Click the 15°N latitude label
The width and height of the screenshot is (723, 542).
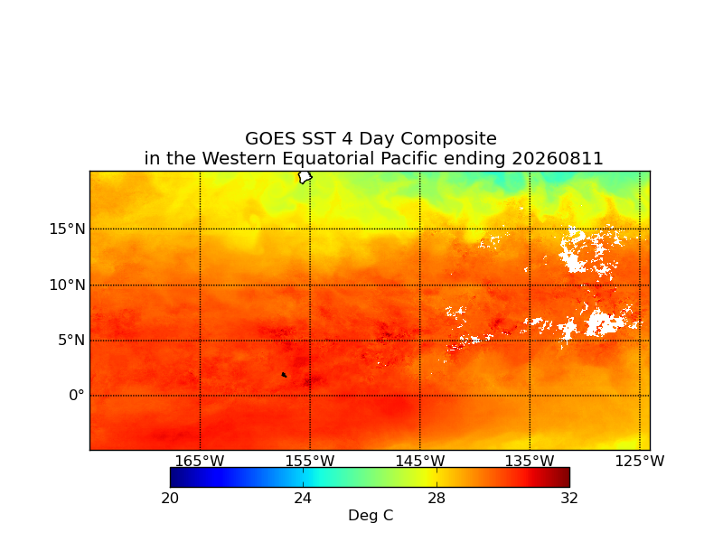[x=67, y=229]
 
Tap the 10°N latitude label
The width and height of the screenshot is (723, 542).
[x=67, y=285]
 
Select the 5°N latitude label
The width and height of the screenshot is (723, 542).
[x=71, y=341]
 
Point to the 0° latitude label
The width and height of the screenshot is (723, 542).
[x=77, y=395]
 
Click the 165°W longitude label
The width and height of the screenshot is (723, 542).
[x=200, y=461]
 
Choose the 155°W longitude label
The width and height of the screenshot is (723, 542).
[x=310, y=461]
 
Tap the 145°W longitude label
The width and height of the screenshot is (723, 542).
[x=420, y=461]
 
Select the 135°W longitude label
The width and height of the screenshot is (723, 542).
[x=530, y=461]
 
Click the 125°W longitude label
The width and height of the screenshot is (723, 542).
[x=640, y=461]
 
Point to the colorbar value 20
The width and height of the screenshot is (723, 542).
[x=170, y=499]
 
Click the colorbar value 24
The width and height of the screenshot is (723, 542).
[x=303, y=499]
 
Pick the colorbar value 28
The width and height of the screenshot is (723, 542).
[x=437, y=499]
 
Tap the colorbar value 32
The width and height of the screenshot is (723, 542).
[x=569, y=499]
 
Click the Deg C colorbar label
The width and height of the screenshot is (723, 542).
[x=371, y=515]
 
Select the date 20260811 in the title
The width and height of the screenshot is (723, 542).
[x=558, y=159]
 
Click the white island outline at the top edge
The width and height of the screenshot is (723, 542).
[x=305, y=177]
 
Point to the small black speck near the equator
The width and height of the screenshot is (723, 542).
[x=284, y=375]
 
